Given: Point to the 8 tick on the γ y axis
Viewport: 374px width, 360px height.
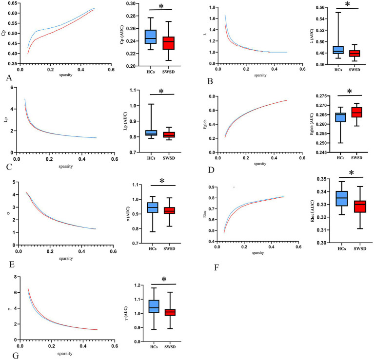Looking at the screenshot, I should tap(17, 277).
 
